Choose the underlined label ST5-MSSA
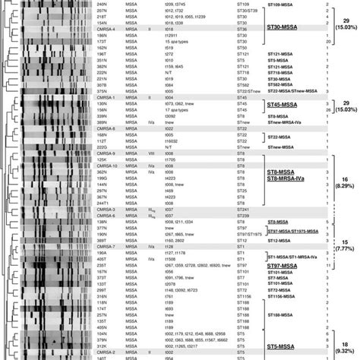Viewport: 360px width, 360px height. (x=287, y=346)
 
